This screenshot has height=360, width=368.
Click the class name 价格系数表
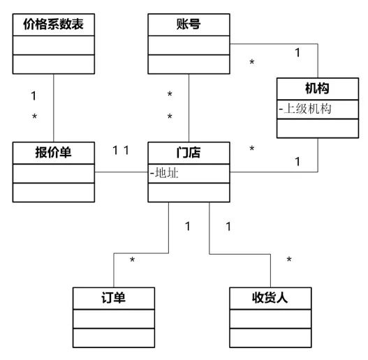click(x=53, y=26)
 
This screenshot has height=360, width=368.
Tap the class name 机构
click(x=317, y=89)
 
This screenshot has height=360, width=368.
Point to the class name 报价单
click(x=54, y=151)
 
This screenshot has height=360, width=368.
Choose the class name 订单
click(x=113, y=298)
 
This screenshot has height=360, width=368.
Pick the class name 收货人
click(x=270, y=298)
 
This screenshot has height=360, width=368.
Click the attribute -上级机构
click(x=304, y=109)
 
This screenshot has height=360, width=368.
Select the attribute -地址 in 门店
click(x=165, y=172)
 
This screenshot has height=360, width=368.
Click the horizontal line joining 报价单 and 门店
click(x=122, y=172)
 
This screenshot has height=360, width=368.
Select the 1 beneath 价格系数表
click(x=34, y=94)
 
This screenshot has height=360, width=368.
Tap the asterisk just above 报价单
click(x=34, y=117)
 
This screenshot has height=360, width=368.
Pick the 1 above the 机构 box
click(x=297, y=52)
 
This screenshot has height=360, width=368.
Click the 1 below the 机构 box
click(x=297, y=162)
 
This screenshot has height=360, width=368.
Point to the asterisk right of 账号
click(x=252, y=63)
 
